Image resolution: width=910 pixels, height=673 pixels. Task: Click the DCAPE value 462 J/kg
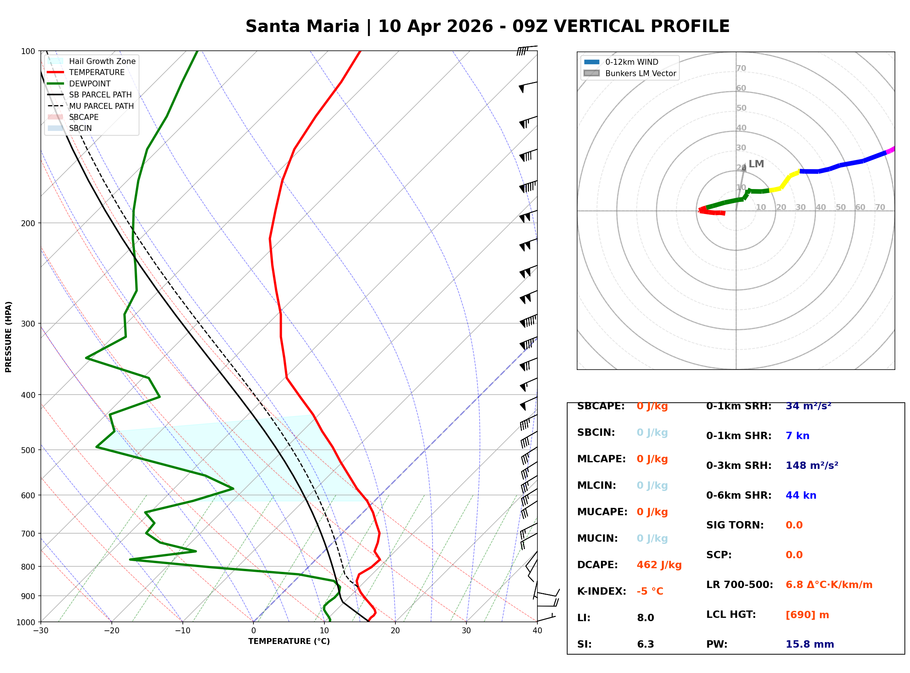pyautogui.click(x=659, y=565)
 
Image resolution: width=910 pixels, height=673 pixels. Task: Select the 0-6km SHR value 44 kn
pyautogui.click(x=800, y=495)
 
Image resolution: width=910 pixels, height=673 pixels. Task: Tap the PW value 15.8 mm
pyautogui.click(x=809, y=644)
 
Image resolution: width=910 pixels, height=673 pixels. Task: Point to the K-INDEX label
pyautogui.click(x=601, y=591)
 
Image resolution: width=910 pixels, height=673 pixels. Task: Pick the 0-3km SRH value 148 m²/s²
pyautogui.click(x=811, y=465)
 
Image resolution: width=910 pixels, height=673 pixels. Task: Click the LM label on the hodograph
pyautogui.click(x=756, y=164)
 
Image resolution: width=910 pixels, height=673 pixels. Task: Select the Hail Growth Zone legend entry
pyautogui.click(x=102, y=61)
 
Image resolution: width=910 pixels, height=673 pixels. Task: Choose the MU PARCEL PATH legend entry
pyautogui.click(x=101, y=106)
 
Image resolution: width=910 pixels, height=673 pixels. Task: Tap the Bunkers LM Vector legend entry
pyautogui.click(x=640, y=73)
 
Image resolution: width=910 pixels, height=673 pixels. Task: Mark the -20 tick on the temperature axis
pyautogui.click(x=111, y=631)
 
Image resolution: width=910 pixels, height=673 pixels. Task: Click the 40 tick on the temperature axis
pyautogui.click(x=537, y=631)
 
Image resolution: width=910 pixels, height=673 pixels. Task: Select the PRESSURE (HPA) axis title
pyautogui.click(x=8, y=336)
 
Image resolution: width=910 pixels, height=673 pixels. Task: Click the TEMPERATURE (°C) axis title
pyautogui.click(x=289, y=641)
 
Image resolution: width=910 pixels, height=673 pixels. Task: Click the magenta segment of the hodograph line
pyautogui.click(x=891, y=150)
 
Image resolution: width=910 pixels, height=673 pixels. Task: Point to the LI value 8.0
pyautogui.click(x=645, y=617)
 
